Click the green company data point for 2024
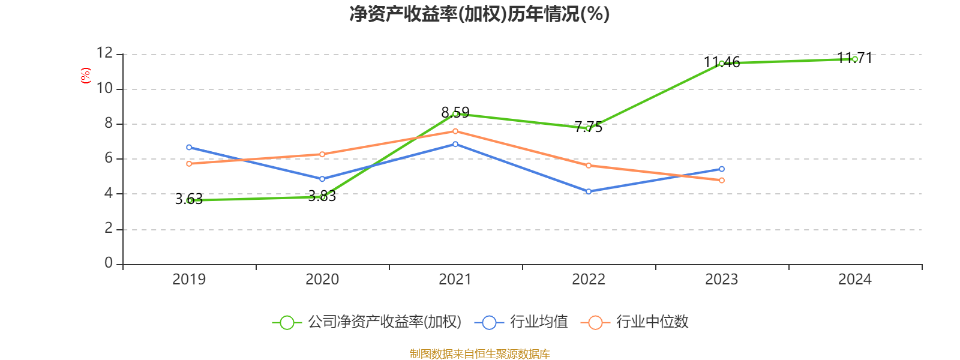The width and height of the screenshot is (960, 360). pyautogui.click(x=854, y=59)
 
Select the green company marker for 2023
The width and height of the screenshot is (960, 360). pyautogui.click(x=721, y=63)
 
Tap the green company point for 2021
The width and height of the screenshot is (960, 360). pyautogui.click(x=455, y=113)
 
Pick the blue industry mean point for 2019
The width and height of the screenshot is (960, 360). pyautogui.click(x=189, y=147)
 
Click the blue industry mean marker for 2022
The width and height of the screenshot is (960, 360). pyautogui.click(x=589, y=191)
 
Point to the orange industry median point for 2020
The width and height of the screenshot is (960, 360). pyautogui.click(x=322, y=154)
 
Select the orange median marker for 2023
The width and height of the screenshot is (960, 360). pyautogui.click(x=722, y=180)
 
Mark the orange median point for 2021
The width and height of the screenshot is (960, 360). pyautogui.click(x=455, y=131)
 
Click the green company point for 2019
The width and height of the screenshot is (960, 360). pyautogui.click(x=190, y=200)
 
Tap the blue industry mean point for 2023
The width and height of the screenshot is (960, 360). pyautogui.click(x=722, y=169)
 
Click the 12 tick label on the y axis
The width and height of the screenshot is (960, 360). pyautogui.click(x=104, y=53)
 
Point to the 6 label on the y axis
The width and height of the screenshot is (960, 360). pyautogui.click(x=109, y=158)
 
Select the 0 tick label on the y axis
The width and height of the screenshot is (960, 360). pyautogui.click(x=109, y=263)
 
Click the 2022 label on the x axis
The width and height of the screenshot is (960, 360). pyautogui.click(x=589, y=279)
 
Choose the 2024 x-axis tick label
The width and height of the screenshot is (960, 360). pyautogui.click(x=854, y=279)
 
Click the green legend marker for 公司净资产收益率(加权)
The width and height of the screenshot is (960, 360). pyautogui.click(x=287, y=322)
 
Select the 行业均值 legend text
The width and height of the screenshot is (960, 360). pyautogui.click(x=539, y=322)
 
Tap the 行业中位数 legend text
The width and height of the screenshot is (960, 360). pyautogui.click(x=652, y=322)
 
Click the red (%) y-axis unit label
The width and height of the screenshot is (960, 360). pyautogui.click(x=85, y=76)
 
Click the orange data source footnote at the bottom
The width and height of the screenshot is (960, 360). pyautogui.click(x=480, y=353)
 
